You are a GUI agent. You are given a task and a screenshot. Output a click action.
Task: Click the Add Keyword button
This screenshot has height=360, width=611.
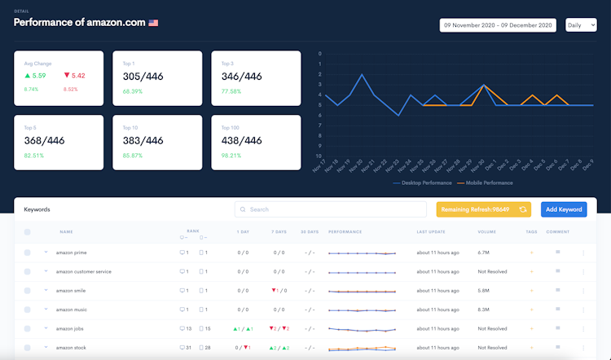click(564, 209)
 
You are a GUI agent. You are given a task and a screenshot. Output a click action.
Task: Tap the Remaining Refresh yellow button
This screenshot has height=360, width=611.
click(483, 209)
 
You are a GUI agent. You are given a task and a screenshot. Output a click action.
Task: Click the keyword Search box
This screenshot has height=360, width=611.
click(330, 209)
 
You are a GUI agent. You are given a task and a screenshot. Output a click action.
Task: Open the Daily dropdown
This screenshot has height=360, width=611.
click(581, 25)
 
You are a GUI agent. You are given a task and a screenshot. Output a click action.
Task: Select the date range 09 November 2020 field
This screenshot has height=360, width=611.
click(497, 25)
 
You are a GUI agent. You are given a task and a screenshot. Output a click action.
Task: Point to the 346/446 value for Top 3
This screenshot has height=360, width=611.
click(242, 77)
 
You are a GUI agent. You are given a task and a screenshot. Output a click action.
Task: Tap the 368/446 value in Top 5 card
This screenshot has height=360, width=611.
click(45, 140)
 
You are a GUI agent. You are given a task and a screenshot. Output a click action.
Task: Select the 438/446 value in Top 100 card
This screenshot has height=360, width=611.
click(242, 140)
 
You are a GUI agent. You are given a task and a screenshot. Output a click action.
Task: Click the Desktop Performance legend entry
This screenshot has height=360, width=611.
click(422, 182)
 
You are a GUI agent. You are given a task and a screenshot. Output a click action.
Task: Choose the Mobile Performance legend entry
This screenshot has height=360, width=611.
click(490, 182)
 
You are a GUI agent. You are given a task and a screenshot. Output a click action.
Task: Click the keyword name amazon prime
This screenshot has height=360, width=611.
click(71, 252)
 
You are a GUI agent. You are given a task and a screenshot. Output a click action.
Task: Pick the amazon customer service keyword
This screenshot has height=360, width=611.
click(83, 271)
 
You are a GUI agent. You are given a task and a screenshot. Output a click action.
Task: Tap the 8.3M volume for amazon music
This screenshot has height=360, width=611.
click(484, 310)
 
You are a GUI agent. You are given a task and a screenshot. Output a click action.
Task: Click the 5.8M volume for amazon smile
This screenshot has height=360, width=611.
click(484, 291)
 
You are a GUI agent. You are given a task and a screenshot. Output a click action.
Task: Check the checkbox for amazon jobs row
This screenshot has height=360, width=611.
click(28, 329)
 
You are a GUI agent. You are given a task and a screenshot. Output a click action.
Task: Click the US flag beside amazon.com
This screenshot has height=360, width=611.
click(153, 23)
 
